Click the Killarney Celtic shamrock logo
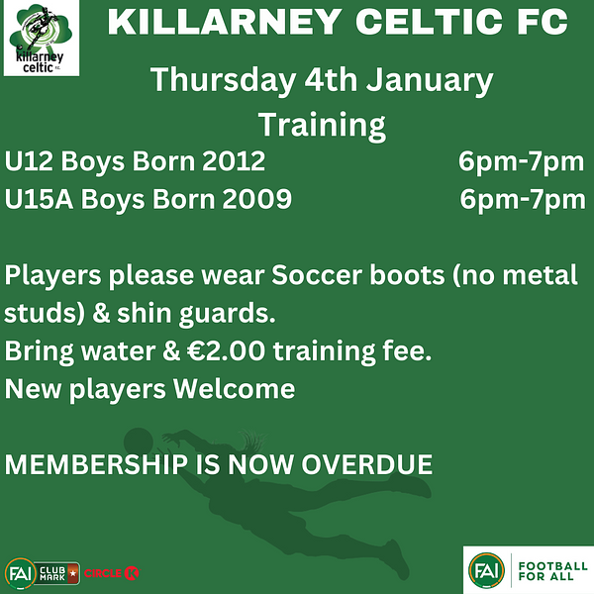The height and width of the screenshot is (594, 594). pyautogui.click(x=42, y=38)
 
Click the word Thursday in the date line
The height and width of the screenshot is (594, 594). pyautogui.click(x=223, y=80)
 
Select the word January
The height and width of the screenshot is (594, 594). pyautogui.click(x=430, y=81)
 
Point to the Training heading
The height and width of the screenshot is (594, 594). pyautogui.click(x=322, y=126)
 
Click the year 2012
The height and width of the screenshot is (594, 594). pyautogui.click(x=234, y=161)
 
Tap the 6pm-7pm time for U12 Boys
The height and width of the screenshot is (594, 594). pyautogui.click(x=522, y=162)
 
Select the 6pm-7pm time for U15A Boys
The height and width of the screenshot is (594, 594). pyautogui.click(x=523, y=200)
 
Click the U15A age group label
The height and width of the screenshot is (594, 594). pyautogui.click(x=39, y=199)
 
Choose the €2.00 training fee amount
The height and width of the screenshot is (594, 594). pyautogui.click(x=226, y=350)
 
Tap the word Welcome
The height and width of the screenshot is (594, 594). pyautogui.click(x=234, y=389)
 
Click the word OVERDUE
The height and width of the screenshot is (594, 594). pyautogui.click(x=366, y=464)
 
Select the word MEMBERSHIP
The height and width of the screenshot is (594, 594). pyautogui.click(x=97, y=464)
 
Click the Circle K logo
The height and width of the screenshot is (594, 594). pyautogui.click(x=111, y=573)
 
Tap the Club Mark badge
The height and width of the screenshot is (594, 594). pyautogui.click(x=56, y=573)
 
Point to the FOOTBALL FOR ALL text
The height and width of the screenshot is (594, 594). pyautogui.click(x=552, y=571)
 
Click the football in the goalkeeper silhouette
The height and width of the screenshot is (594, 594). pyautogui.click(x=139, y=442)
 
